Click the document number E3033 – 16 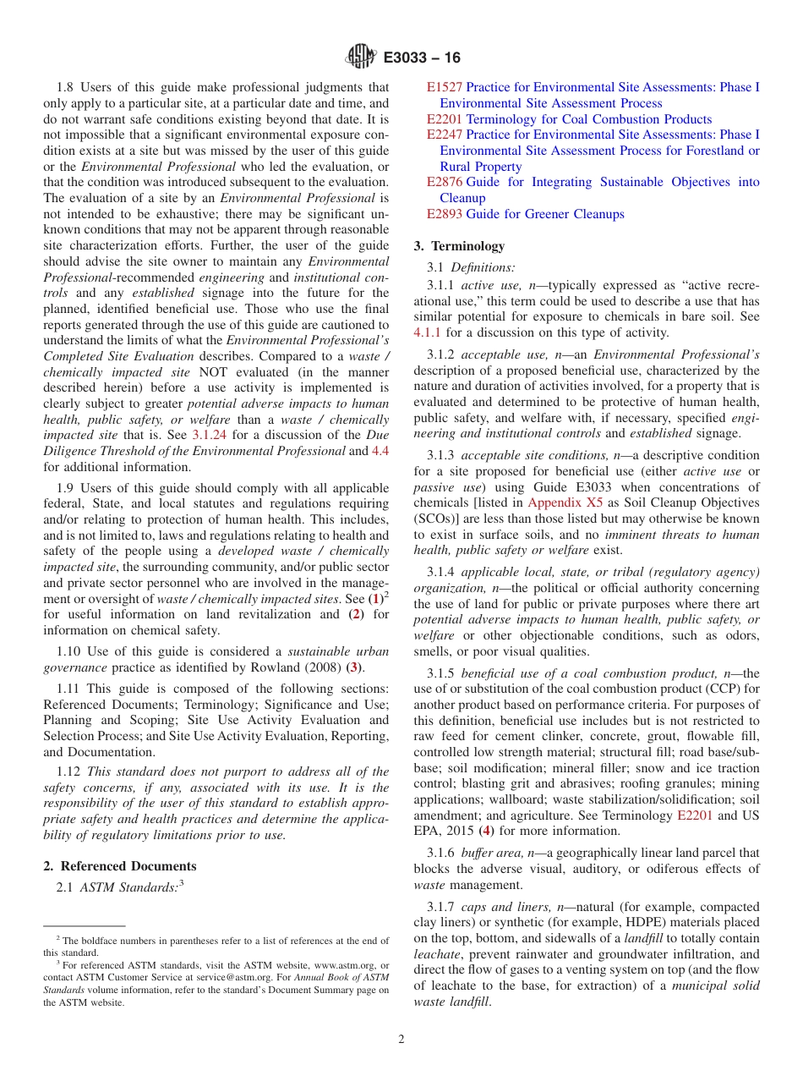click(422, 58)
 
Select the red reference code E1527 click(444, 87)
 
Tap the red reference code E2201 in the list click(444, 119)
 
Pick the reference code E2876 click(444, 182)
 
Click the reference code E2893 click(444, 214)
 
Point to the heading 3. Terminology click(459, 246)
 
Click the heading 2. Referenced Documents click(119, 866)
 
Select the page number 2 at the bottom click(401, 1040)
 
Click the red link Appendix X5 click(565, 502)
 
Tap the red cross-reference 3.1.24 click(206, 435)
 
